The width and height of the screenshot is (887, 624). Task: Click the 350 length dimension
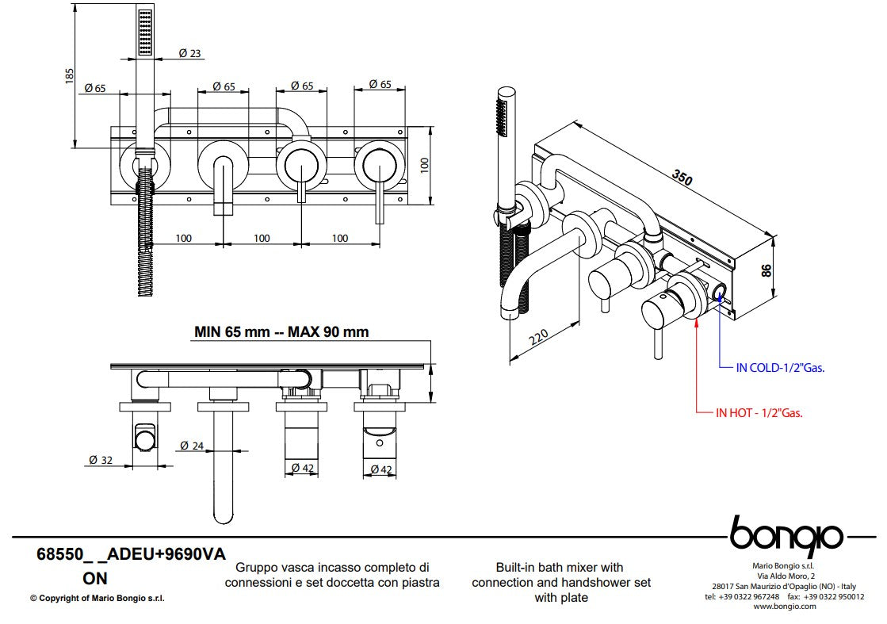(682, 177)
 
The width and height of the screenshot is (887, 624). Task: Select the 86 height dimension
(766, 270)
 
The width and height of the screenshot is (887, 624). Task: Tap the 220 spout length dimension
(538, 339)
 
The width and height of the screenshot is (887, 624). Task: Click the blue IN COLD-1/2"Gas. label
(780, 367)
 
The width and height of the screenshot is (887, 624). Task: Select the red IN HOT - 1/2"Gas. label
(759, 412)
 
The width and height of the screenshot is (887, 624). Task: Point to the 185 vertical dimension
(71, 76)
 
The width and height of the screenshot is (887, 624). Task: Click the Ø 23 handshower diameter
(189, 53)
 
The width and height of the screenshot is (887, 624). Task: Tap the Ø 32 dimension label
(99, 459)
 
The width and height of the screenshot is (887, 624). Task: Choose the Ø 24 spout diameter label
(192, 446)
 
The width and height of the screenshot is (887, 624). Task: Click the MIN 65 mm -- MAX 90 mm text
(281, 331)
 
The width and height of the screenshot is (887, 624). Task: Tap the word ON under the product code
(94, 579)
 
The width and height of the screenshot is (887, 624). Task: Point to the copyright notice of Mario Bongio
(97, 599)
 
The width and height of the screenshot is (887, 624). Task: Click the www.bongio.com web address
(784, 606)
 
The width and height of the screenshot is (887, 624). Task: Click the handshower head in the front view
(145, 33)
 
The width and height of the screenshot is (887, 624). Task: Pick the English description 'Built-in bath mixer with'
(560, 568)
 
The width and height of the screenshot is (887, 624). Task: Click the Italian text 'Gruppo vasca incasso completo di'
(332, 568)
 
